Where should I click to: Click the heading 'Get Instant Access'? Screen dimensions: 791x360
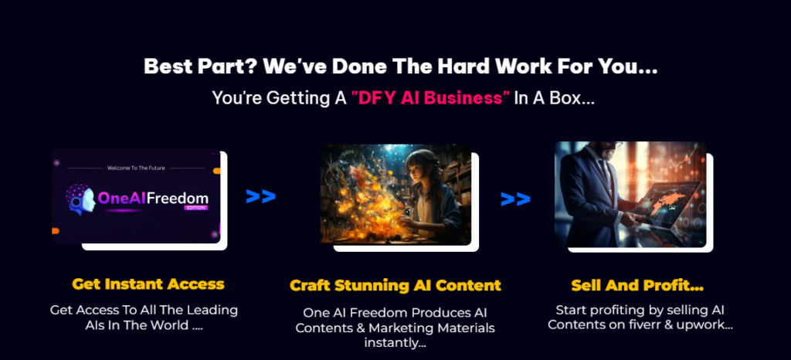[x=148, y=284]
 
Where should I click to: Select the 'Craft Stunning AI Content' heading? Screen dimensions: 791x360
[x=395, y=285]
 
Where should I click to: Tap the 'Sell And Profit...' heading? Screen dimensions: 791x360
[x=637, y=286]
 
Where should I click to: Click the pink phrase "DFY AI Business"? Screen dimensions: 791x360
[x=431, y=98]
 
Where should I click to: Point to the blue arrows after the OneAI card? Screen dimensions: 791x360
[x=261, y=196]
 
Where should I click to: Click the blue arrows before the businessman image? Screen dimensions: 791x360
[x=515, y=199]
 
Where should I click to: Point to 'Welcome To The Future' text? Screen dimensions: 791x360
[x=136, y=168]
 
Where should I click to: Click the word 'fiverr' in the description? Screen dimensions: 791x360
[x=648, y=324]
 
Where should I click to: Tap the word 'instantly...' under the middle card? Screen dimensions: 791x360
[x=395, y=343]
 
